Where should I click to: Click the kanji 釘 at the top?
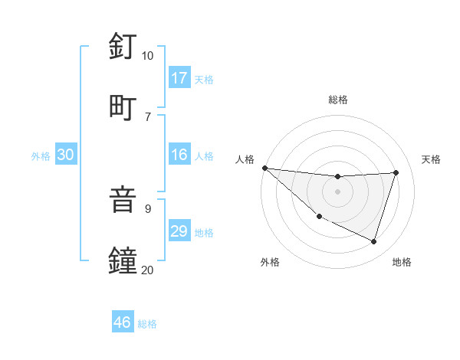pos(123,47)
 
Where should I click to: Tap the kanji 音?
pos(123,199)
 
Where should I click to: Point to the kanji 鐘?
pos(123,260)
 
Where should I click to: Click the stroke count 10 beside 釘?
pos(147,56)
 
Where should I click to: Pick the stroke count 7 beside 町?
pos(148,116)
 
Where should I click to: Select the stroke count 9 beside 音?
pos(148,208)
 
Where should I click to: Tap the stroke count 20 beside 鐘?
pos(147,269)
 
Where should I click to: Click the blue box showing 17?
pos(179,78)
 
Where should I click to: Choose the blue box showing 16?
pos(179,155)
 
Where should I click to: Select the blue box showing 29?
pos(179,231)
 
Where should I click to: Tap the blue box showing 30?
pos(66,155)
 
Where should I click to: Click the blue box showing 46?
pos(123,322)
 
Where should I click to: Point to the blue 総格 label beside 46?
pos(147,324)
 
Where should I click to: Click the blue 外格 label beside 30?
pos(41,156)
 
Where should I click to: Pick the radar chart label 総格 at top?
pos(337,100)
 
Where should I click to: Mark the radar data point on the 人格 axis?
pos(264,168)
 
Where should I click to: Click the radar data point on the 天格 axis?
pos(396,172)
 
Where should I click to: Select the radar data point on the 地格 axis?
pos(373,241)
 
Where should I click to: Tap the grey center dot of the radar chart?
pos(337,191)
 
